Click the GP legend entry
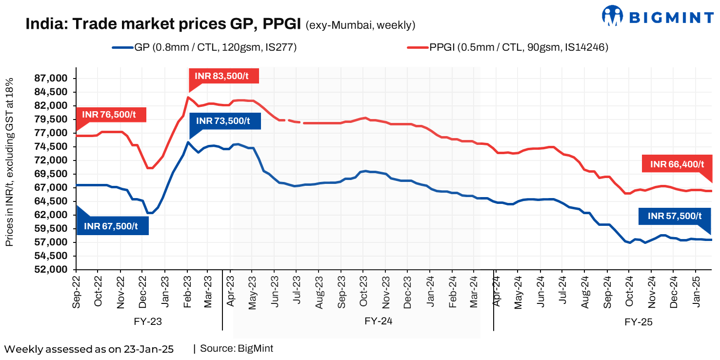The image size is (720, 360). click(205, 47)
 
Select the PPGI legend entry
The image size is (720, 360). click(507, 47)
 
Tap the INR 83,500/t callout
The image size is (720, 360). click(225, 76)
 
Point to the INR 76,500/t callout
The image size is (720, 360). click(111, 114)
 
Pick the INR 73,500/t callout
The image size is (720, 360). click(225, 121)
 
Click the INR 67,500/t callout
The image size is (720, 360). click(113, 226)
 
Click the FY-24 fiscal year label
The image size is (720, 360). click(379, 321)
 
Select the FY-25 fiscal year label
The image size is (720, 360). click(638, 322)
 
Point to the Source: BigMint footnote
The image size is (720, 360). click(237, 348)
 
